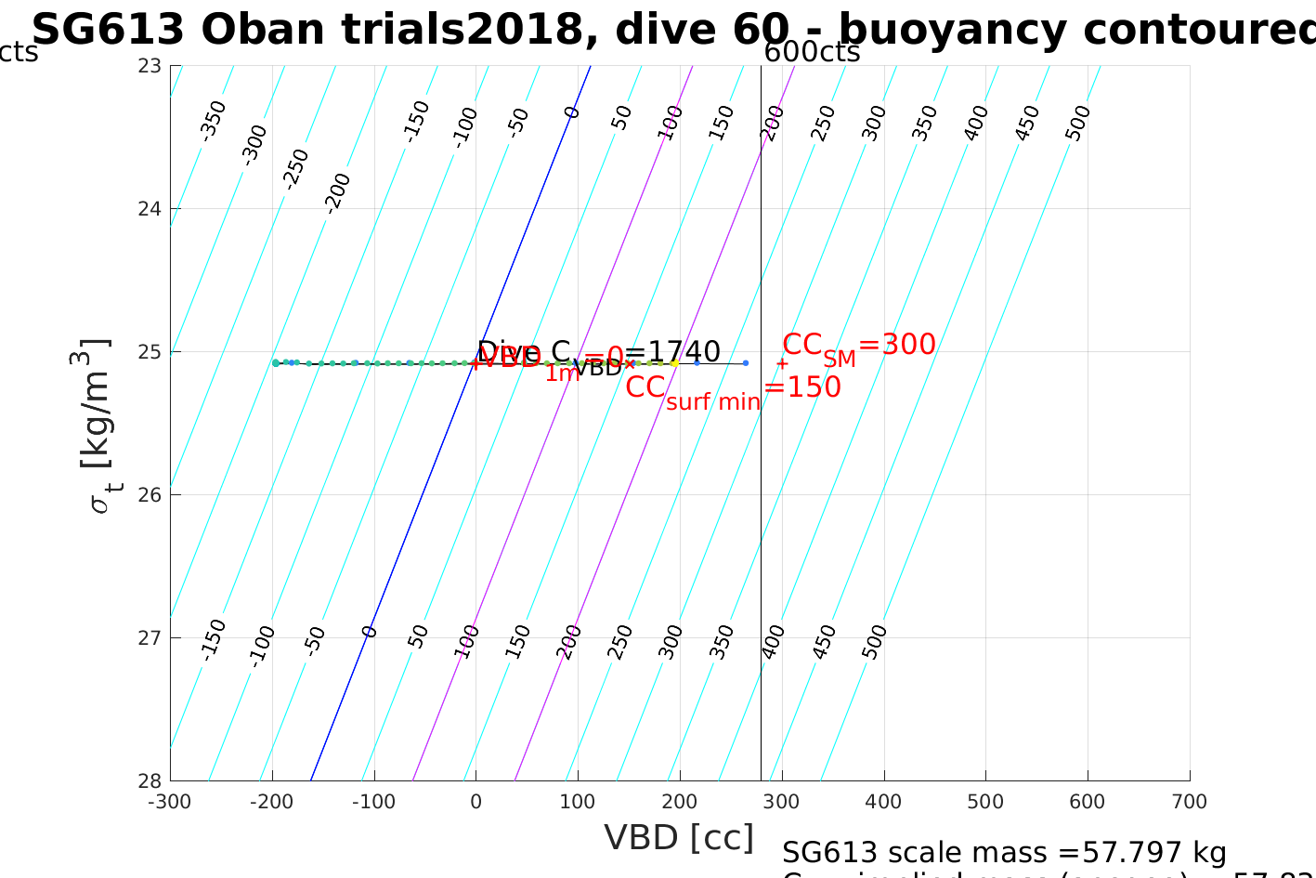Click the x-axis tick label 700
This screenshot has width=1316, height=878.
coord(1189,802)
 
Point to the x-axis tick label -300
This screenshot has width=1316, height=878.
coord(170,802)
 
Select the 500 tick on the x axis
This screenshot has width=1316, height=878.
coord(985,802)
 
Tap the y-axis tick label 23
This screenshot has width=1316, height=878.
coord(150,66)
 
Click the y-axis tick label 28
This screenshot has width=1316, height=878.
coord(150,780)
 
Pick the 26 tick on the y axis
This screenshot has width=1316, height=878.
coord(150,494)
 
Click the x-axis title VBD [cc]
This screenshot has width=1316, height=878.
coord(679,838)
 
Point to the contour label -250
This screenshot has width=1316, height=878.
coord(295,169)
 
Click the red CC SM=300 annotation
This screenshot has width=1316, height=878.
coord(859,346)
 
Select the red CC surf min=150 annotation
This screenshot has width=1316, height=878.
coord(733,388)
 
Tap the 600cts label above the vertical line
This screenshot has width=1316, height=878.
coord(812,52)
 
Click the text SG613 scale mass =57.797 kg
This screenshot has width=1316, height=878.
coord(1004,852)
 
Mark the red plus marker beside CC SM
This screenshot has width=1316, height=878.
coord(782,364)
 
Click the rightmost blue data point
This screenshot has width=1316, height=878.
coord(746,363)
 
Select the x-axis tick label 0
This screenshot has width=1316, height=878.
coord(476,802)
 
